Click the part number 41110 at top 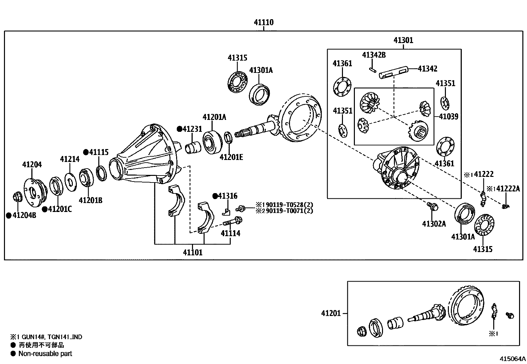click(x=263, y=23)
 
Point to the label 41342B click(x=374, y=55)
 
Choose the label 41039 click(x=449, y=117)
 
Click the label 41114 click(x=230, y=233)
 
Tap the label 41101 click(x=193, y=252)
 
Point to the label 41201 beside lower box click(x=330, y=313)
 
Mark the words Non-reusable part click(x=45, y=353)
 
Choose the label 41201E click(x=231, y=157)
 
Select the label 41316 click(x=227, y=196)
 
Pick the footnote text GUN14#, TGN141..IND click(x=50, y=337)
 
